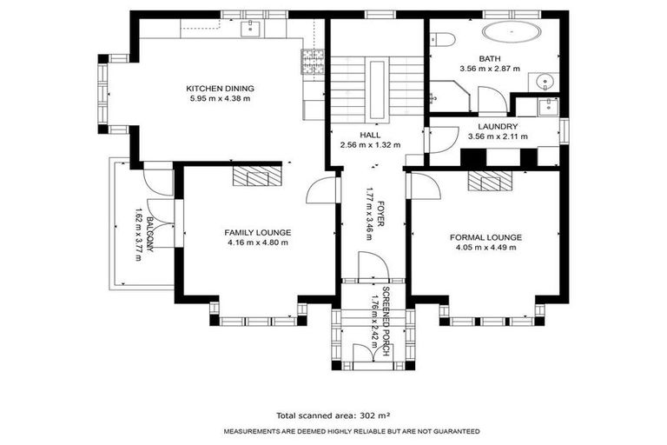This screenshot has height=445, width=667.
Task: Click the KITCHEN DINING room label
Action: pyautogui.click(x=220, y=88)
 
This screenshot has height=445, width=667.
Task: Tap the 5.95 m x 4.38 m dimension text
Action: pyautogui.click(x=220, y=98)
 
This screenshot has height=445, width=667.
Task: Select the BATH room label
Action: pyautogui.click(x=489, y=57)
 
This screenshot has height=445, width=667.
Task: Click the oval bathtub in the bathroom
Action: pyautogui.click(x=512, y=34)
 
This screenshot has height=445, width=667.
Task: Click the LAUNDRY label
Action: pyautogui.click(x=492, y=126)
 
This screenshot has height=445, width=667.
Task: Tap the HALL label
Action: pyautogui.click(x=370, y=135)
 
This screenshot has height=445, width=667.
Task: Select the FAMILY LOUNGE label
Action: pyautogui.click(x=257, y=232)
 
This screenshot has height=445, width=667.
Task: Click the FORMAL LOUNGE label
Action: pyautogui.click(x=485, y=236)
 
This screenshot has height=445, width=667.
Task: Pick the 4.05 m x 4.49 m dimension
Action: pyautogui.click(x=485, y=248)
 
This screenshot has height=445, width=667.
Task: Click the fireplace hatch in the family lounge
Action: pyautogui.click(x=256, y=176)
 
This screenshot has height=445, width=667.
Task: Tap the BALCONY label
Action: pyautogui.click(x=150, y=235)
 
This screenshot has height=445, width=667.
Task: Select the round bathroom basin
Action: pyautogui.click(x=545, y=83)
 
